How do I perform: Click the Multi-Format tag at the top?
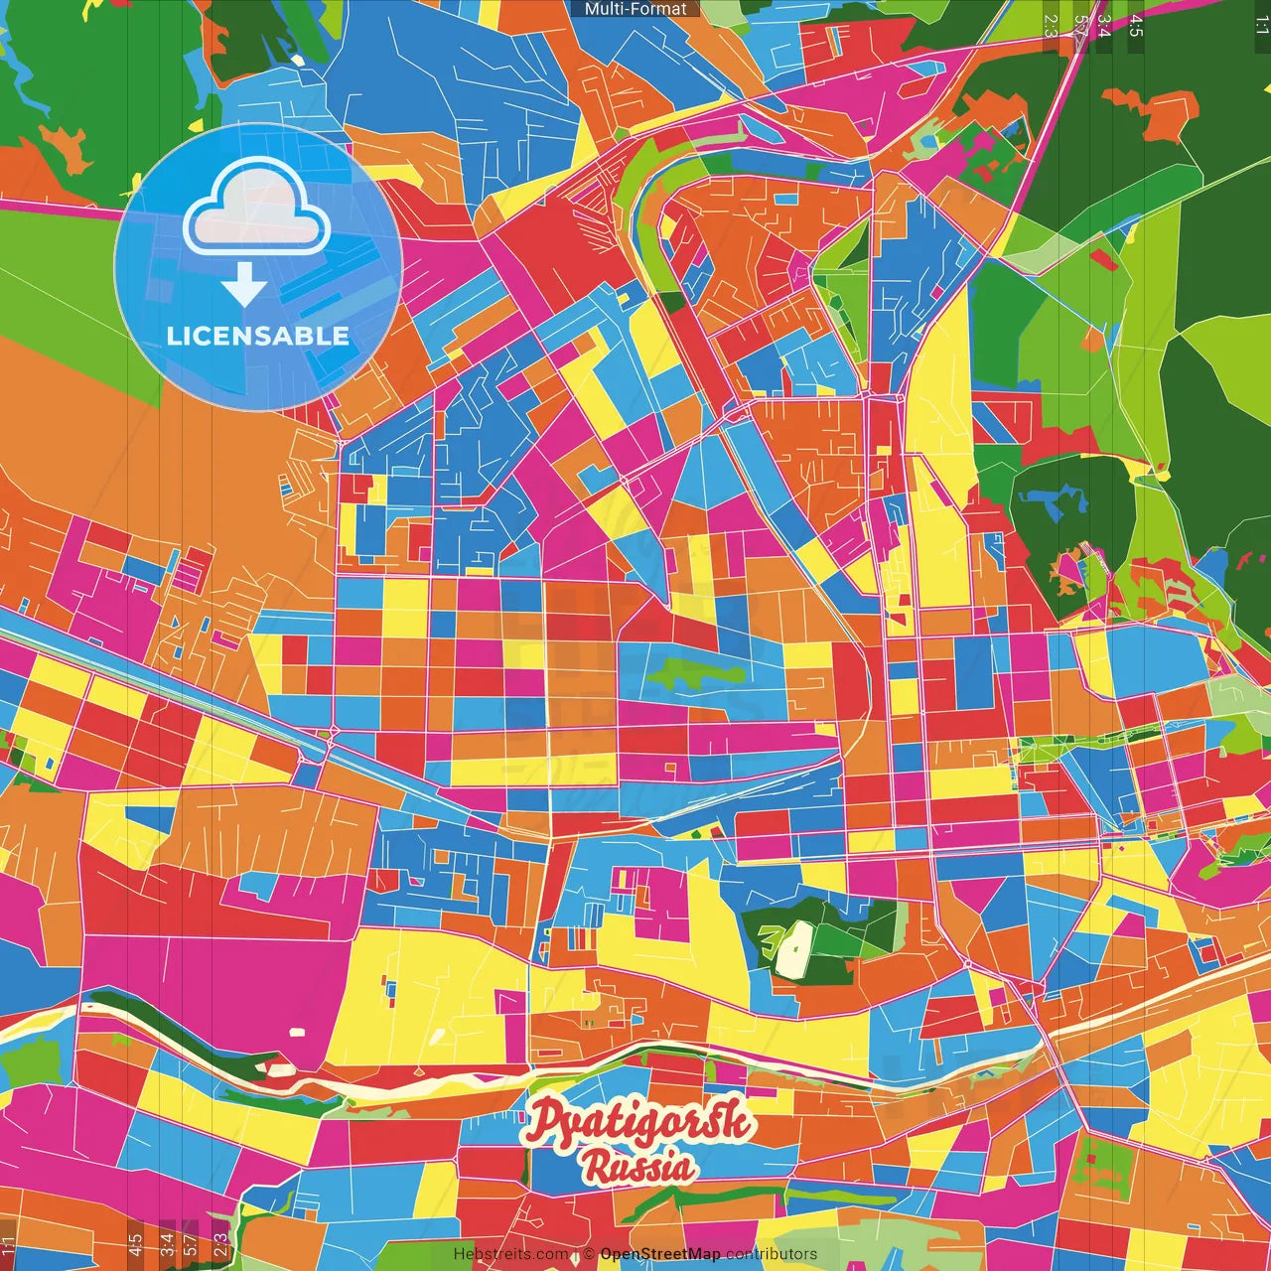click(x=635, y=9)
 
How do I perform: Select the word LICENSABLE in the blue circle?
click(x=258, y=336)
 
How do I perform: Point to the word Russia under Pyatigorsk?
click(x=637, y=1167)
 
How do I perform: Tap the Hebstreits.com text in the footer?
click(x=511, y=1254)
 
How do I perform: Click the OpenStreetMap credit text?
click(x=659, y=1254)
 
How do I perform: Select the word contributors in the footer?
click(x=772, y=1254)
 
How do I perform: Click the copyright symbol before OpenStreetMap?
click(x=589, y=1254)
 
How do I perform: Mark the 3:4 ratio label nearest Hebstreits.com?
click(x=167, y=1241)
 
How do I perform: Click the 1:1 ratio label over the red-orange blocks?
click(x=9, y=1243)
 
